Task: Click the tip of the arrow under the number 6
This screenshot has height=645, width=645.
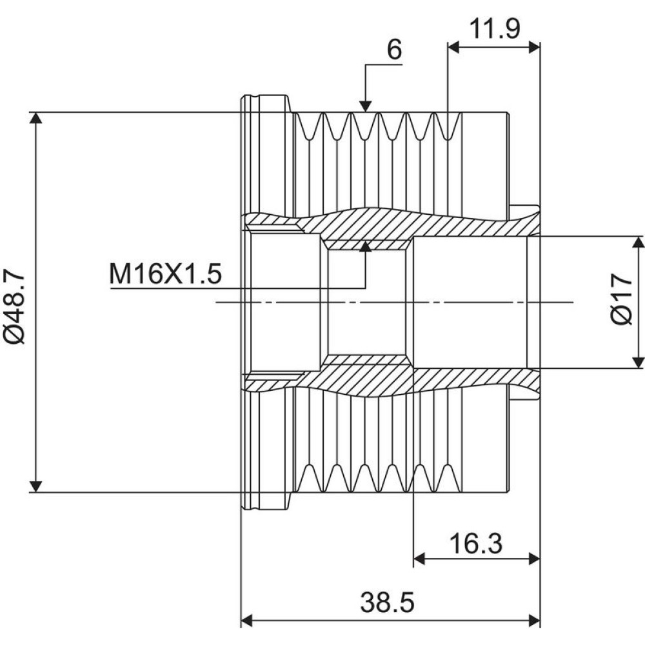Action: [365, 112]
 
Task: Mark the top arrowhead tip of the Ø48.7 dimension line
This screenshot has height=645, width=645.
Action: [36, 112]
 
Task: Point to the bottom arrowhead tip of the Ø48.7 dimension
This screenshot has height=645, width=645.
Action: [36, 492]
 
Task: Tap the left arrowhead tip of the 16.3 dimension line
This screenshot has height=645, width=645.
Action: [413, 559]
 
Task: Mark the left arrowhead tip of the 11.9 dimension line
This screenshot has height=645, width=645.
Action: [448, 47]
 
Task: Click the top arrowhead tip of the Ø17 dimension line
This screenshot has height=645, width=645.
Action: [638, 236]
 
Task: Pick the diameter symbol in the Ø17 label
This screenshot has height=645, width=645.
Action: [621, 315]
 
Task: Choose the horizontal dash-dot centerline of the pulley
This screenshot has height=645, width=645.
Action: [394, 303]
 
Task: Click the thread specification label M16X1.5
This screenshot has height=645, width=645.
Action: [165, 274]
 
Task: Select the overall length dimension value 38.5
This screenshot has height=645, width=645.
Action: [387, 602]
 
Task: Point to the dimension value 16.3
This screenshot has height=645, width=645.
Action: [475, 543]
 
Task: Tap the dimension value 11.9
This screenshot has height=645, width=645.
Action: [494, 29]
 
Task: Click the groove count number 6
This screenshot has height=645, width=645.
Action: [394, 50]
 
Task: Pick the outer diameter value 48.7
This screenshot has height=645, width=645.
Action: [14, 297]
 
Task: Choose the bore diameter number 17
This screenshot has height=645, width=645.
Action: [621, 288]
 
